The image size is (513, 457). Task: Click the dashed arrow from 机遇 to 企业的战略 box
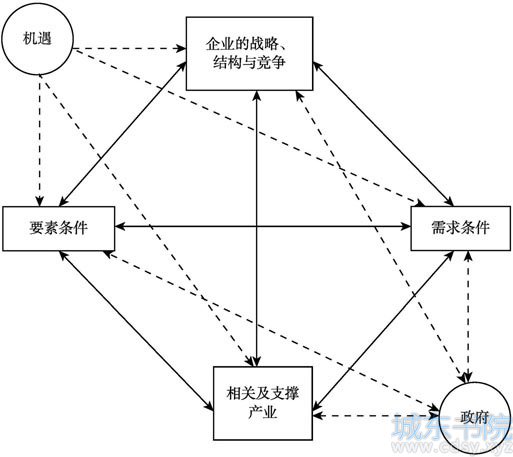tap(129, 49)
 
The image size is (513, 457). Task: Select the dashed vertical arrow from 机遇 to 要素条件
tap(40, 140)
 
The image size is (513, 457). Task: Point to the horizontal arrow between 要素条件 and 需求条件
tap(263, 227)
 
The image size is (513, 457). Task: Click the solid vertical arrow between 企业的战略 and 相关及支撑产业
tap(256, 229)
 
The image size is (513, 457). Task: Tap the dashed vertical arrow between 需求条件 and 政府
tap(468, 316)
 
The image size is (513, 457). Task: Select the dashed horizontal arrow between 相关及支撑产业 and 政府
tap(376, 416)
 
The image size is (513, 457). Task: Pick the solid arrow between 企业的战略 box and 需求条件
tap(383, 134)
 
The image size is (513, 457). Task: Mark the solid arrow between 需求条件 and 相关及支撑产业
tap(383, 330)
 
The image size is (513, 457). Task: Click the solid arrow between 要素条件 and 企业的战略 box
tap(123, 133)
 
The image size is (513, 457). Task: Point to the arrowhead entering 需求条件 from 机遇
tap(420, 202)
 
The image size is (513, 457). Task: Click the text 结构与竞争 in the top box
tap(249, 62)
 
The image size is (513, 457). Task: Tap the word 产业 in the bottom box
tap(263, 413)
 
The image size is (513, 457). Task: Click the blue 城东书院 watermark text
tap(452, 427)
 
